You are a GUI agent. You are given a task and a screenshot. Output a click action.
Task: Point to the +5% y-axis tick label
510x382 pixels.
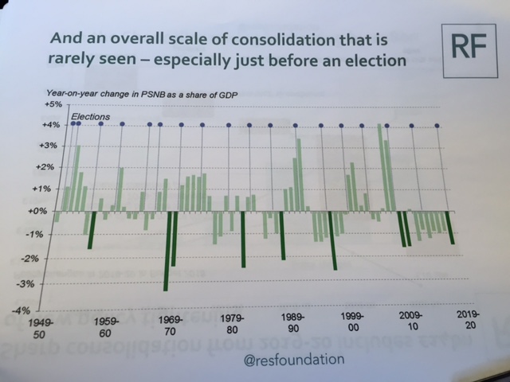[x=53, y=104]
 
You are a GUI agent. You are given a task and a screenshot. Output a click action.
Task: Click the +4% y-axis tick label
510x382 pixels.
[x=53, y=125]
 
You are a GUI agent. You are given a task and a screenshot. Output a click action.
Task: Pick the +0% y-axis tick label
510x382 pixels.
[x=49, y=212]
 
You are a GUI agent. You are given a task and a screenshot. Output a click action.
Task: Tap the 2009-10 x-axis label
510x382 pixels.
[x=410, y=322]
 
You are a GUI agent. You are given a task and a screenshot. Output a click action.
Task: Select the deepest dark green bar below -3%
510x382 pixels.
[x=166, y=251]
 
